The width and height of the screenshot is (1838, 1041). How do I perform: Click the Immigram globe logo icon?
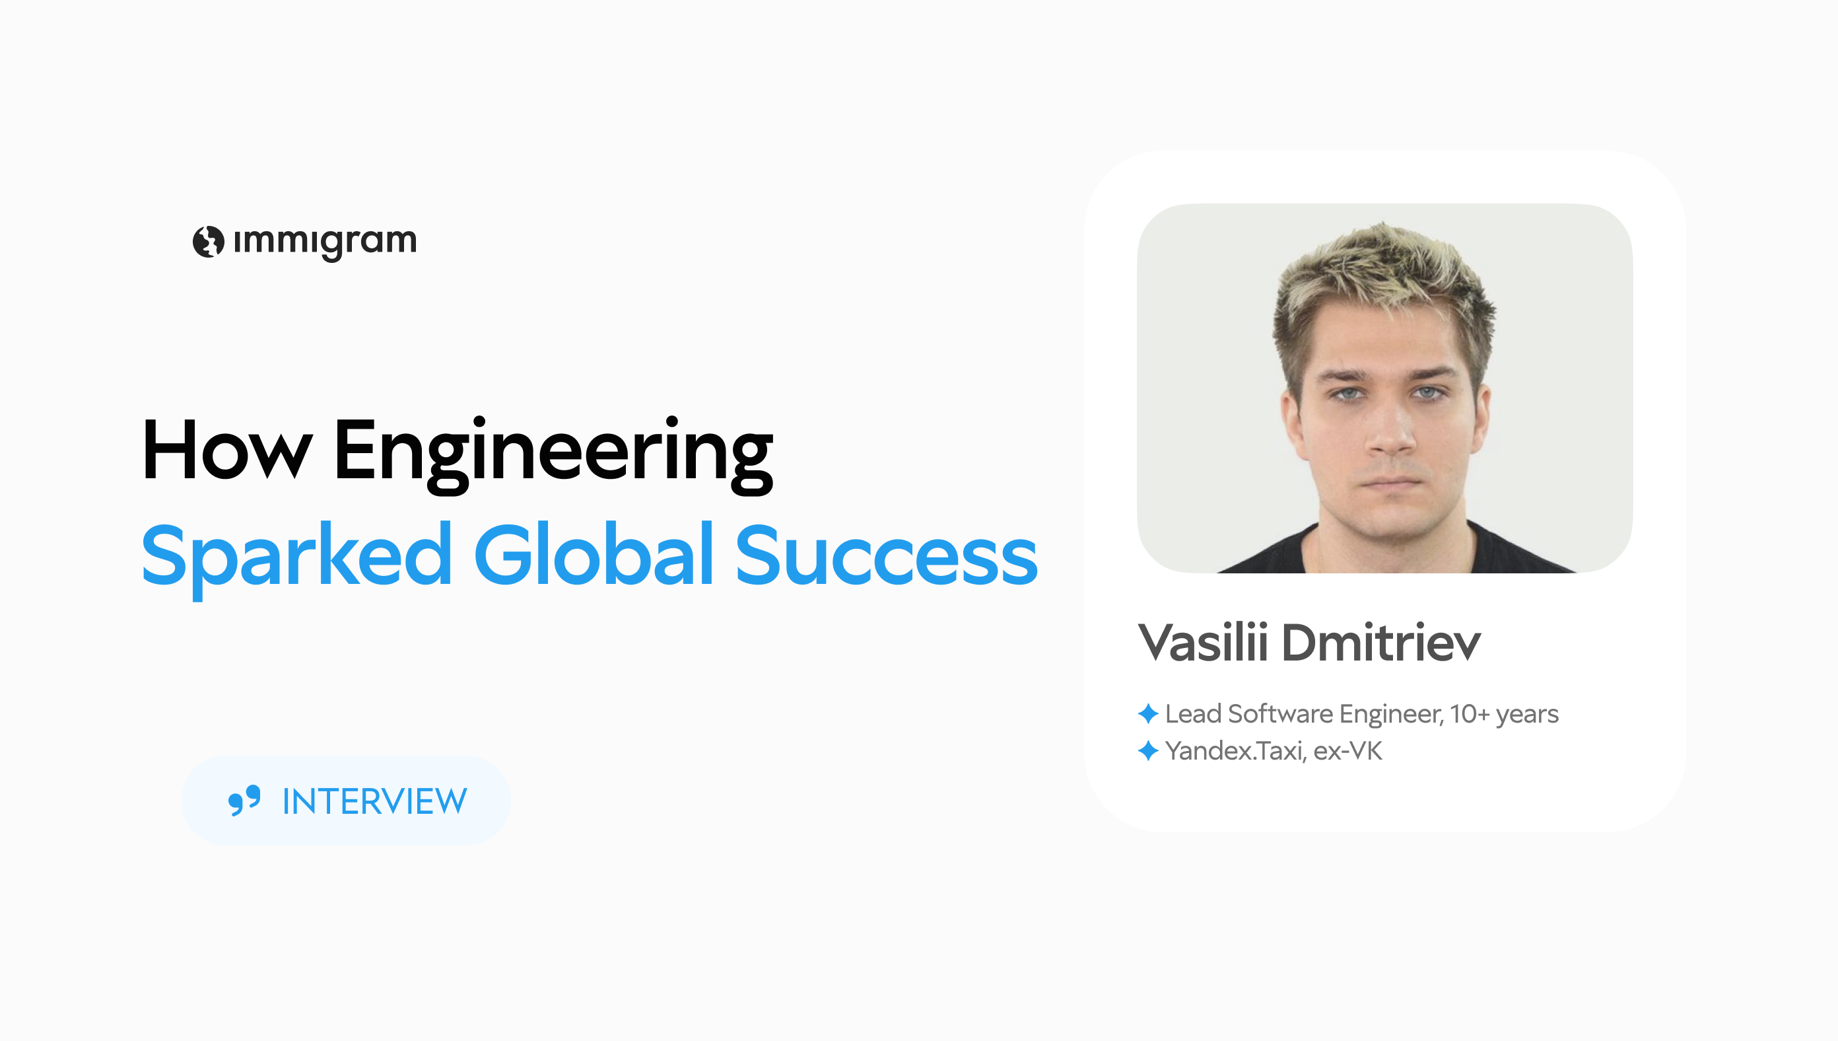208,242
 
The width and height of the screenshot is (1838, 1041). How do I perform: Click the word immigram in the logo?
325,242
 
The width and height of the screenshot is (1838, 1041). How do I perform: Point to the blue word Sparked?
296,556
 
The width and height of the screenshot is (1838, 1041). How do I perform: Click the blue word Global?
593,555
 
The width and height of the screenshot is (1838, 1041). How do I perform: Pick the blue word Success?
886,556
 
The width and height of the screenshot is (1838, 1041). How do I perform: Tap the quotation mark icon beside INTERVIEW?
244,800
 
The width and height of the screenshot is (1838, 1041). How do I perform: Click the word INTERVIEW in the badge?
374,801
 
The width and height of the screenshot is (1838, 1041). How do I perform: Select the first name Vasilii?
1203,642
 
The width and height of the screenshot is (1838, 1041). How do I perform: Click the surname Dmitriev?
1380,642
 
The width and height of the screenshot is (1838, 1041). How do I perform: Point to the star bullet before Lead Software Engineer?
1147,713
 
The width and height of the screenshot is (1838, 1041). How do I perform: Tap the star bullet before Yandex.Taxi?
1147,751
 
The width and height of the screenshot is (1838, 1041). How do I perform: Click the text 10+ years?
1505,714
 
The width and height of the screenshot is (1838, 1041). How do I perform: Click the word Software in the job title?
1281,713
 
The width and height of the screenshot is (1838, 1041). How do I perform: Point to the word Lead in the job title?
1193,713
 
